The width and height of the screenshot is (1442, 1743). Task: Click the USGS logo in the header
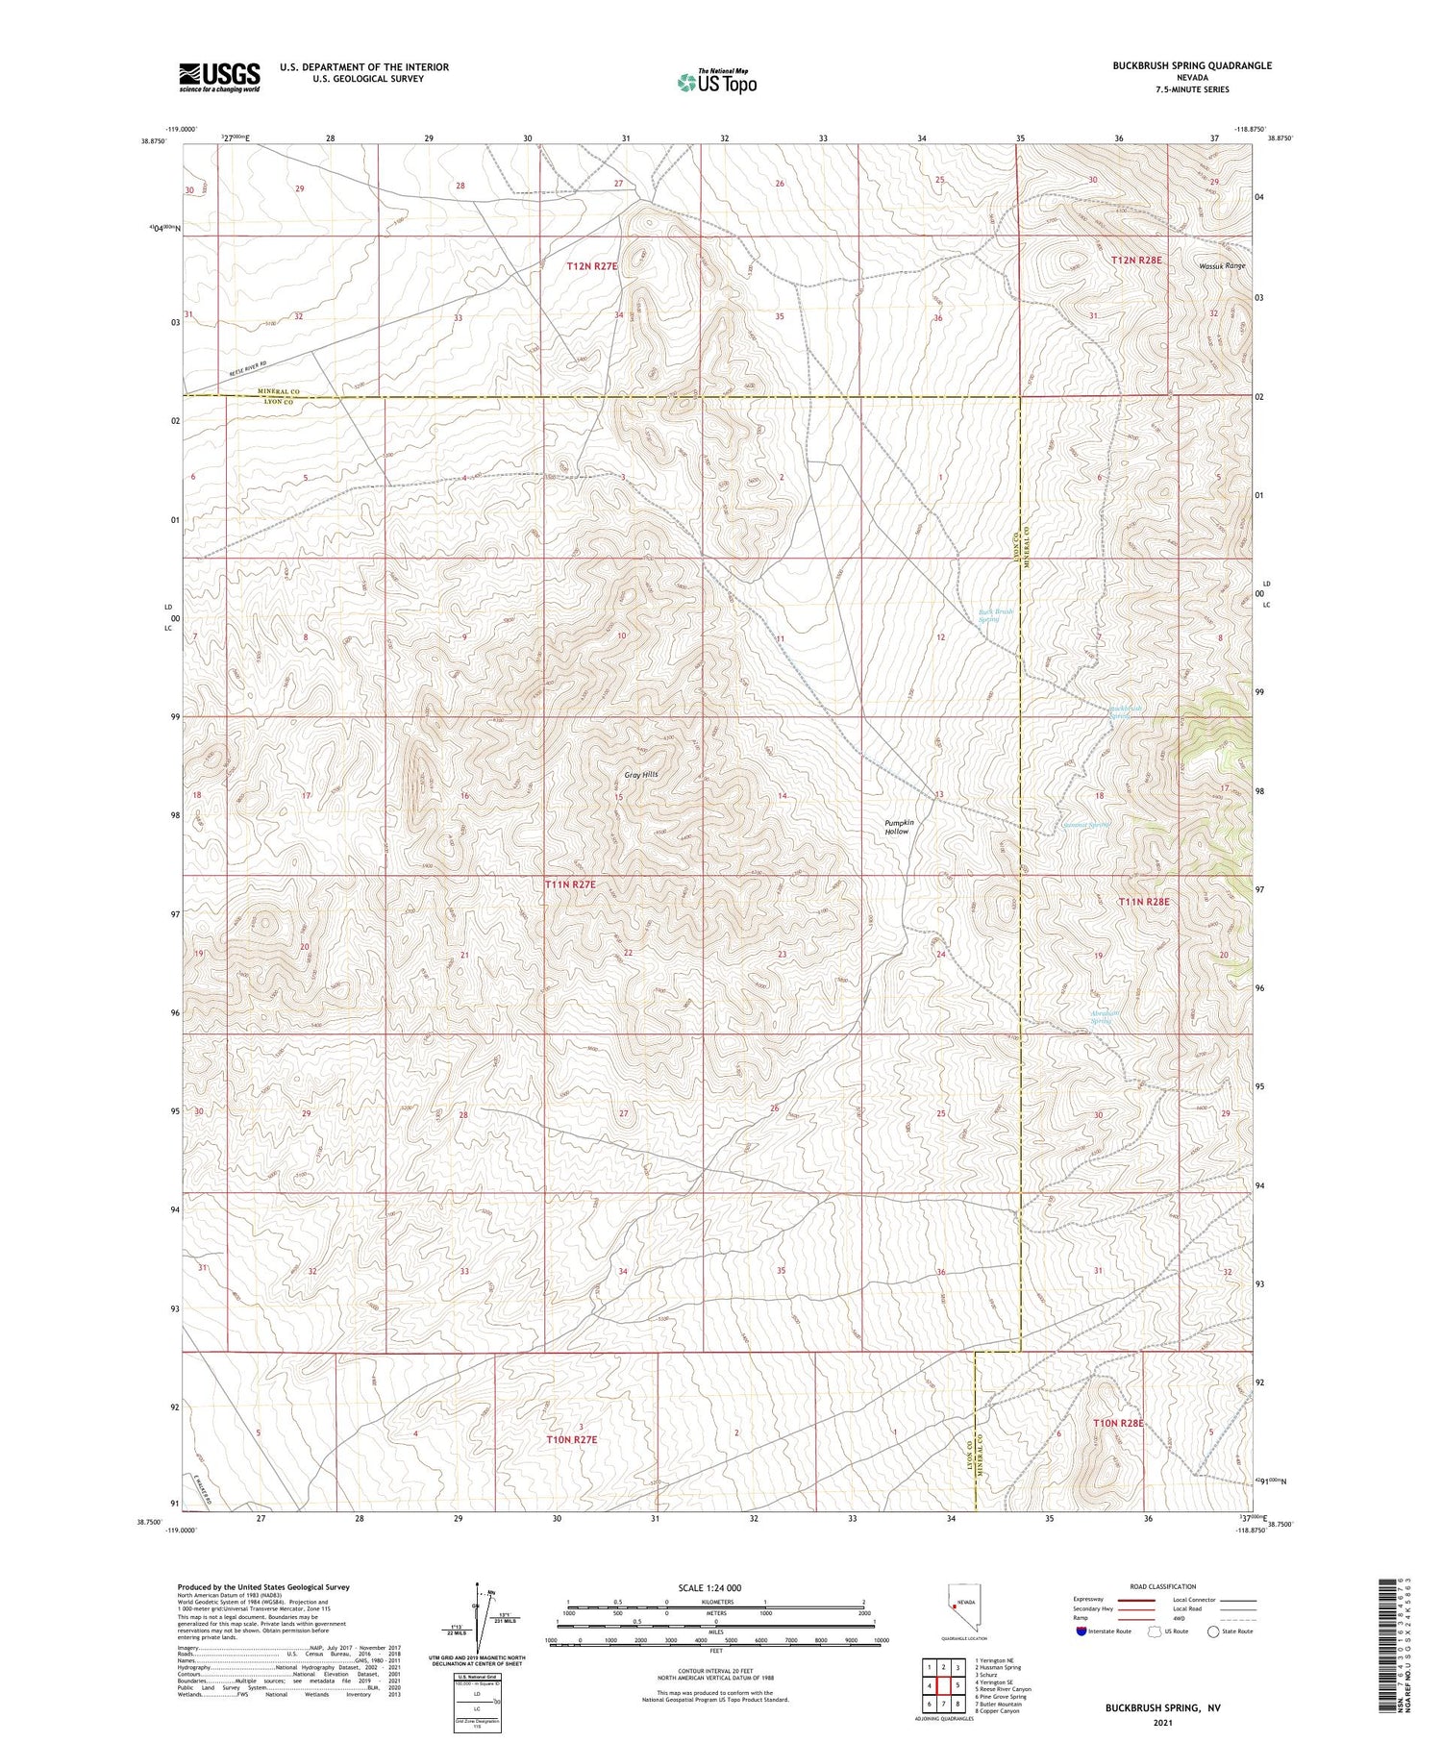click(219, 77)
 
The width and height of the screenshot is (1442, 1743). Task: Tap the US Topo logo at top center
click(717, 82)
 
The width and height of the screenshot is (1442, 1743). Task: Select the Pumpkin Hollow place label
click(898, 827)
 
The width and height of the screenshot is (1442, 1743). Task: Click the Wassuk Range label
click(1221, 265)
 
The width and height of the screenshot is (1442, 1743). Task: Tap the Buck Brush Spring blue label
click(995, 615)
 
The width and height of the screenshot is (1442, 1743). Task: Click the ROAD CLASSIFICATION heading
click(1162, 1586)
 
